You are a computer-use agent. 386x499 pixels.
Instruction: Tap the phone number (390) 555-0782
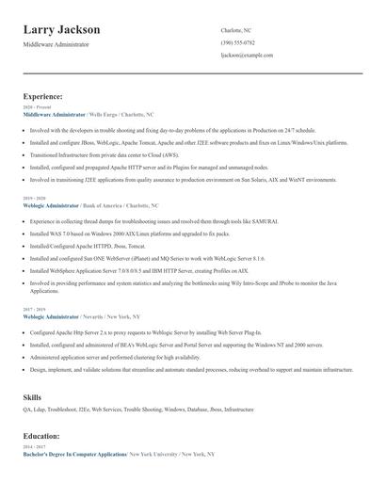237,42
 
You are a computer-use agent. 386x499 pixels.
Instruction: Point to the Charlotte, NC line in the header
235,30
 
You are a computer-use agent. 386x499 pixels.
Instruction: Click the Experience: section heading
43,96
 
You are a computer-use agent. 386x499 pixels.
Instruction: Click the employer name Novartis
95,317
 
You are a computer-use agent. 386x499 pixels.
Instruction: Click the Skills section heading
32,397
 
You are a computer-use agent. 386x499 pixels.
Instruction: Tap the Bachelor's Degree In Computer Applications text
74,454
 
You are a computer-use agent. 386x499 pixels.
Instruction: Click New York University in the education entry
152,454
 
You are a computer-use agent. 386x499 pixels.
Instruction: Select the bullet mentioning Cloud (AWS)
117,154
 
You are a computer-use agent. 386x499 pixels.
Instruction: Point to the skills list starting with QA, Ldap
138,410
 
